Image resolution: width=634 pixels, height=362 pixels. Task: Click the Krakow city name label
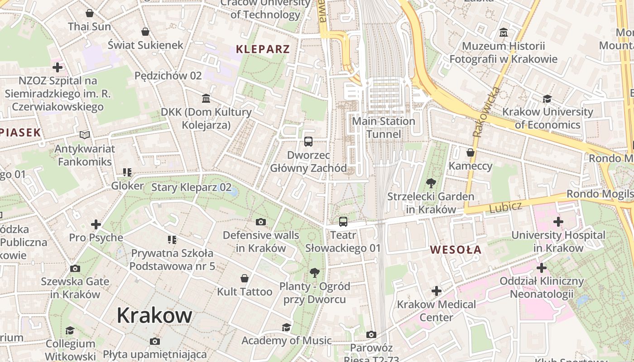(154, 315)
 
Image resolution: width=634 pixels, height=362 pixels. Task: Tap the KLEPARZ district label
(263, 49)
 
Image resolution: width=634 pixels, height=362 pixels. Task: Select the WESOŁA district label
(456, 250)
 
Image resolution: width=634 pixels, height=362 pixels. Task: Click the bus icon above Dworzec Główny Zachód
(308, 142)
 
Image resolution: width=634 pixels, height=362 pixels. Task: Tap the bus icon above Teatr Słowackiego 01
(343, 222)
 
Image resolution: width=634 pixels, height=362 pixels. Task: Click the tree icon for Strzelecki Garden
(431, 183)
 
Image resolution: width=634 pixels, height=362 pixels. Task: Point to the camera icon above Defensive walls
(260, 222)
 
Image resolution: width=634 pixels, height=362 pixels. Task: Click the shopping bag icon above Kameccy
(471, 152)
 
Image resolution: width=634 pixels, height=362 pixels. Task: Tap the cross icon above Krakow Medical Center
(437, 291)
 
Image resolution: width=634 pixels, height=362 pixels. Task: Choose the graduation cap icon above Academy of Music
(286, 327)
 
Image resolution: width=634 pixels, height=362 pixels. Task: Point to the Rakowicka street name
(486, 112)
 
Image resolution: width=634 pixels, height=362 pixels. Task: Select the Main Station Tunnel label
(384, 128)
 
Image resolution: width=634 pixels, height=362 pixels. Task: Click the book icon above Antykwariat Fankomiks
(85, 135)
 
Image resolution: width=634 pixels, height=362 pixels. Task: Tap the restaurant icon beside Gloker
(127, 172)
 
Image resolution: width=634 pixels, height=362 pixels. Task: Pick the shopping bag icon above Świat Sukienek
(145, 32)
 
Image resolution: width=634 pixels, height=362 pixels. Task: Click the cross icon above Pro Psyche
(96, 224)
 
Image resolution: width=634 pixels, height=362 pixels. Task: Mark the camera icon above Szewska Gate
(75, 268)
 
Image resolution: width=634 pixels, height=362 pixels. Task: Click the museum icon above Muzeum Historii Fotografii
(503, 33)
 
